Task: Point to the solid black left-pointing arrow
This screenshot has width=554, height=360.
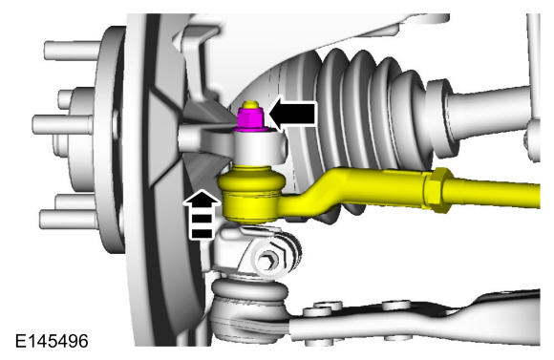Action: click(292, 114)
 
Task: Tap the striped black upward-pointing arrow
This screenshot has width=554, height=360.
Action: click(202, 215)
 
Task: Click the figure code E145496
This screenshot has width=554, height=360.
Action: click(52, 341)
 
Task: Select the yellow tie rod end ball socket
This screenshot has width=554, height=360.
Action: click(251, 194)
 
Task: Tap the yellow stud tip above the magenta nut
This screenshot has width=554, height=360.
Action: click(250, 104)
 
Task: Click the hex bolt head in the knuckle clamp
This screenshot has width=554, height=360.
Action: click(267, 262)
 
